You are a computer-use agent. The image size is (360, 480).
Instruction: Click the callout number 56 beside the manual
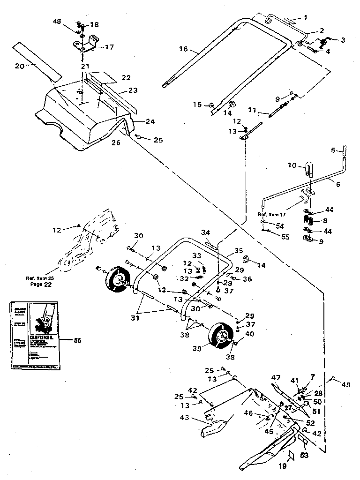click(x=77, y=340)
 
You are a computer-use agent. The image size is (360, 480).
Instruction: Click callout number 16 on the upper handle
click(x=183, y=48)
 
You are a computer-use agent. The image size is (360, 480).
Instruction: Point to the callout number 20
click(x=19, y=66)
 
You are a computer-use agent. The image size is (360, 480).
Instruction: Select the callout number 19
click(x=282, y=466)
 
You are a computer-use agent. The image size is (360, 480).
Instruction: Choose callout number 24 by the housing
click(x=150, y=121)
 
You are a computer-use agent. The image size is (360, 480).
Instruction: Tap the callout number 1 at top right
click(x=305, y=17)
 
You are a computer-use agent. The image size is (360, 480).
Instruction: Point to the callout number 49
click(x=346, y=385)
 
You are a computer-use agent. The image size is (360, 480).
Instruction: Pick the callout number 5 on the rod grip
click(x=333, y=151)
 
